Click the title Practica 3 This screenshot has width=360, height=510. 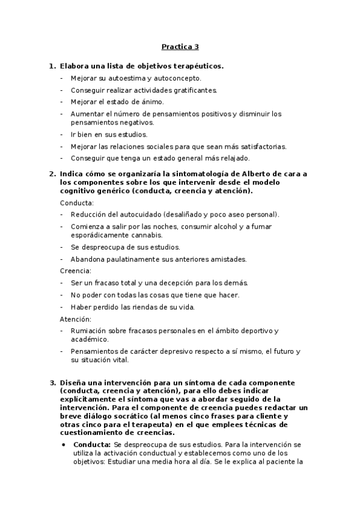180,46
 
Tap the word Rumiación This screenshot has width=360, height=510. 89,331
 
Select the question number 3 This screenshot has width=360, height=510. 52,382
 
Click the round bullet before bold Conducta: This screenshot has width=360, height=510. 64,445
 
